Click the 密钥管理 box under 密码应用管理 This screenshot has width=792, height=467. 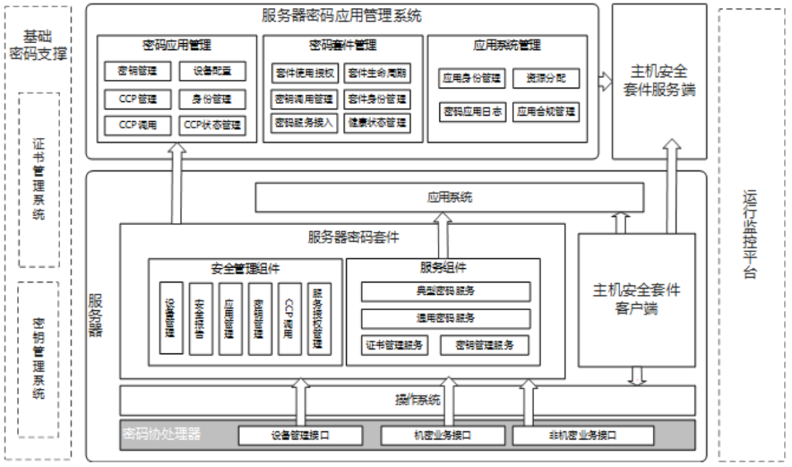(x=137, y=71)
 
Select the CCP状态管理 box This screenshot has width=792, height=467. (x=212, y=125)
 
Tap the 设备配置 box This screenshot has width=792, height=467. (x=212, y=71)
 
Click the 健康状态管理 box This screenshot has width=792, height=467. (x=377, y=122)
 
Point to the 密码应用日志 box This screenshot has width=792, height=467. (x=473, y=111)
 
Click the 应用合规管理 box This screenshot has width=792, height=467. (x=546, y=111)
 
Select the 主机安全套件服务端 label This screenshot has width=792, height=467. (x=659, y=81)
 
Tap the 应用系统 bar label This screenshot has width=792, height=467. (x=450, y=197)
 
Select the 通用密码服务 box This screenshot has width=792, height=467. (x=445, y=318)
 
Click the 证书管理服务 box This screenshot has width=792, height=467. (x=394, y=345)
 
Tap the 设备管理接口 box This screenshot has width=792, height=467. (x=300, y=435)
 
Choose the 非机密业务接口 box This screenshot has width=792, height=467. (x=583, y=435)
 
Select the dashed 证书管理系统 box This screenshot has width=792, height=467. (x=39, y=180)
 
